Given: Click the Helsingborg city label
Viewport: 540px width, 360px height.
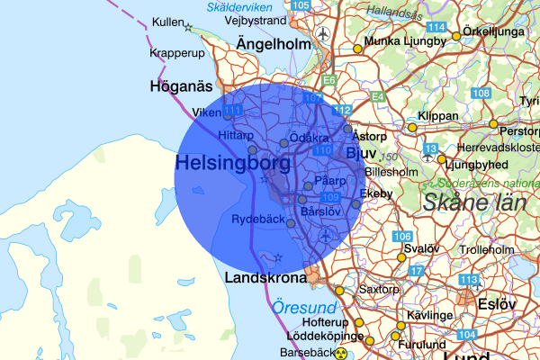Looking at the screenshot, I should point(233,164).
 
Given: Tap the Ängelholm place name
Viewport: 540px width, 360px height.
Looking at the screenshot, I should point(274,44).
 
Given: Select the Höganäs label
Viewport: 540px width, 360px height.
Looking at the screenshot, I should point(180,86).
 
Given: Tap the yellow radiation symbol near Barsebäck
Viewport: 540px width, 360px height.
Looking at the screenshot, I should point(341,354).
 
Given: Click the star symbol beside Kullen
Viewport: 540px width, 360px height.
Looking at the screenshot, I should point(188,28).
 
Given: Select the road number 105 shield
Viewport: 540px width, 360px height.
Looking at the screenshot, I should point(301,5).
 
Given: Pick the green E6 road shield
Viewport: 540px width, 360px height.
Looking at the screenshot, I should point(329,81).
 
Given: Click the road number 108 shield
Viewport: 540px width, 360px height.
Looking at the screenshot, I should point(481,94).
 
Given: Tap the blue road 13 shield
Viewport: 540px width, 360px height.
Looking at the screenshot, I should point(431,148).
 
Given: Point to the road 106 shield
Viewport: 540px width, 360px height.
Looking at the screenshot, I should point(402,237).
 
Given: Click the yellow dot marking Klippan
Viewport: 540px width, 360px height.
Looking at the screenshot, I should point(413,128).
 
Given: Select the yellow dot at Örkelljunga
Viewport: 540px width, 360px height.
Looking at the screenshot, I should point(456,36).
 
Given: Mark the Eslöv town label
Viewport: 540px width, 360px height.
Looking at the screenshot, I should point(497,303).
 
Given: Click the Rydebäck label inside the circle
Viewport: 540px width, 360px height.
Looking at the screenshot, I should point(257,219).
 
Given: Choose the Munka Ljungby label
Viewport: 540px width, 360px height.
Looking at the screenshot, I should point(406,41).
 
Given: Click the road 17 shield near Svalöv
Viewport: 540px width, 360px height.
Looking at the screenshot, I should point(415,271).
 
